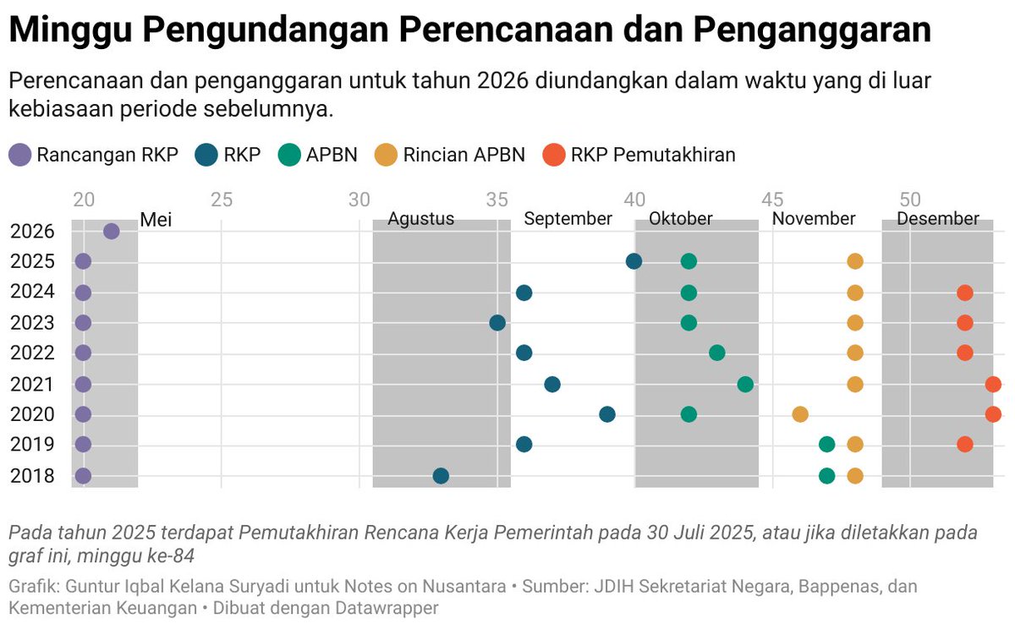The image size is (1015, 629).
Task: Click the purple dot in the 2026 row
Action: tap(111, 231)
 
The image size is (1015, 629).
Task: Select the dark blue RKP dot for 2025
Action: tap(634, 261)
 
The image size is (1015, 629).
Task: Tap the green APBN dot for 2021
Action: tap(745, 385)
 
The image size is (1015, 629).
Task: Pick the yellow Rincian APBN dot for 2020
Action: tap(800, 414)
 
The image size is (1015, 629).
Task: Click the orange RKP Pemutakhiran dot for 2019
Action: tap(965, 444)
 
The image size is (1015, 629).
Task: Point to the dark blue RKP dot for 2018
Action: tap(441, 475)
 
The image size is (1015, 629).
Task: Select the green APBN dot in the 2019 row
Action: tap(827, 444)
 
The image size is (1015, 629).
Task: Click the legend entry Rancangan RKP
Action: tap(107, 155)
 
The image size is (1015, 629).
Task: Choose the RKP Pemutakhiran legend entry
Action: tap(652, 155)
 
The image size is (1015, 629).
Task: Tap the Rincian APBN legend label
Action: tap(464, 155)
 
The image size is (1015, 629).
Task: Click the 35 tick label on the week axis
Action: tap(497, 200)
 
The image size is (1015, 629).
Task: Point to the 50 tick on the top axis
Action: tap(910, 200)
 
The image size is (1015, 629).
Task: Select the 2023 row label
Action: tap(33, 323)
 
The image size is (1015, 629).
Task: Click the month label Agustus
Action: tap(420, 219)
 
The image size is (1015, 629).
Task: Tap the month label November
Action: tap(814, 219)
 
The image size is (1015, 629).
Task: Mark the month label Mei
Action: tap(156, 219)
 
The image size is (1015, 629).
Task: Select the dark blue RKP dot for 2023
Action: tap(497, 323)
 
